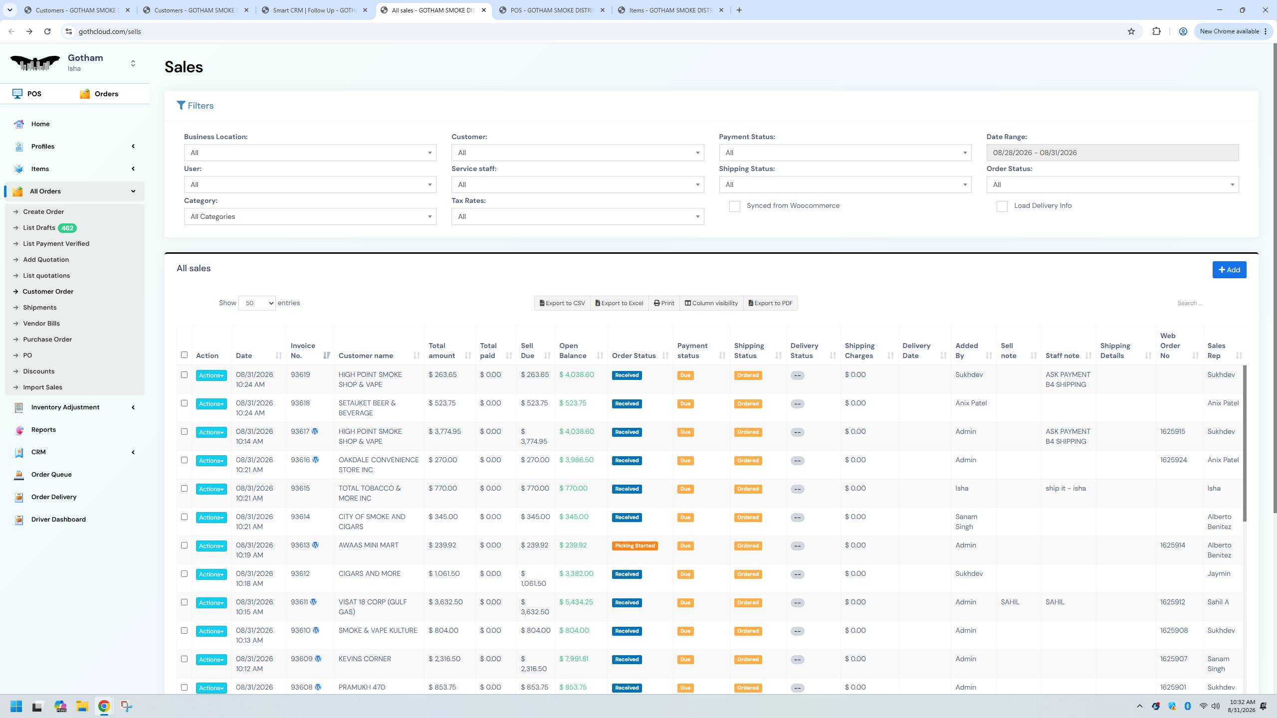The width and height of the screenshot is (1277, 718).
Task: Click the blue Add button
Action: [1229, 270]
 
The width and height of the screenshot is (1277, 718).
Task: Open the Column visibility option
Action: [711, 303]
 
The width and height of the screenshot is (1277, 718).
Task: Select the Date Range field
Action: [1112, 153]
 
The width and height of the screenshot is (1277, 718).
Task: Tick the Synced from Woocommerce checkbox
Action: [734, 206]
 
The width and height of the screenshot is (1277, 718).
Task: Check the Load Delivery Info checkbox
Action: [1002, 206]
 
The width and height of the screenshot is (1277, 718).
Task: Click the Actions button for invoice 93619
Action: [211, 375]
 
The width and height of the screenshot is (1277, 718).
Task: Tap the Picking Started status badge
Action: [635, 546]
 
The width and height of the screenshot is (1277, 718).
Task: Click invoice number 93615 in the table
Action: [300, 489]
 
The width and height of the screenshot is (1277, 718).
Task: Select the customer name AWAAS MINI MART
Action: [369, 545]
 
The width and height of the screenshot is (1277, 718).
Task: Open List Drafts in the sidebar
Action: [39, 228]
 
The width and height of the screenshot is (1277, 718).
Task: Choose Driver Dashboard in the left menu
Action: [58, 520]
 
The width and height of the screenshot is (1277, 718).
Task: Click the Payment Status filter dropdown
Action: [845, 153]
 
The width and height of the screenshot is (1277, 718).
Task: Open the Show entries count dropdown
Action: [257, 303]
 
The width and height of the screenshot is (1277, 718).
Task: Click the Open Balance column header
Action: [573, 351]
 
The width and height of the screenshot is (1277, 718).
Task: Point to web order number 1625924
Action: [1173, 460]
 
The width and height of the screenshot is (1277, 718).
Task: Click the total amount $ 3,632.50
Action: [445, 602]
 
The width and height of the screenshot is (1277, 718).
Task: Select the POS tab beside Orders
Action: [27, 94]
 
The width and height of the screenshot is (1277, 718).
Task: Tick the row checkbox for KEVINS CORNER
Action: [184, 659]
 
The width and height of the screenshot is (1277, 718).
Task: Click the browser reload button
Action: [47, 31]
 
